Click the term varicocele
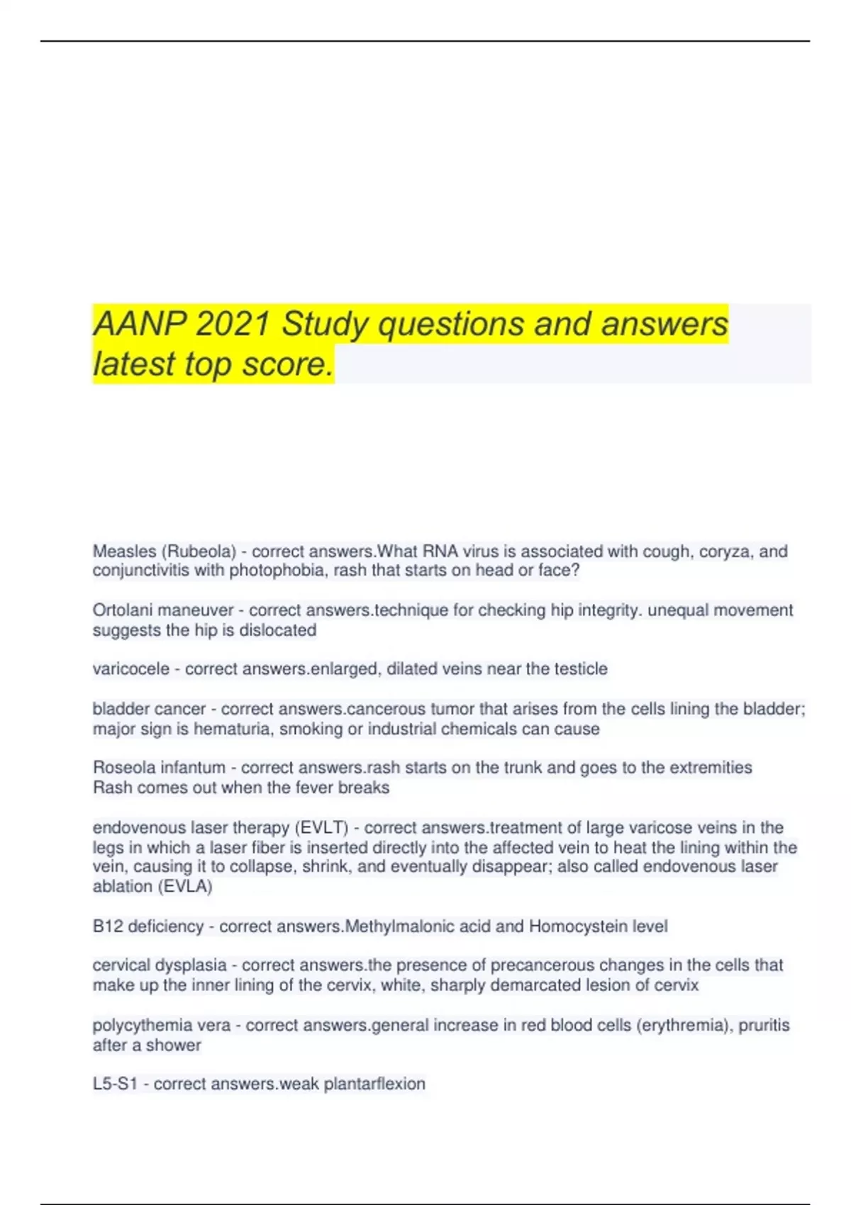(130, 669)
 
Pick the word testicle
(579, 669)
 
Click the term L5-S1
(115, 1084)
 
